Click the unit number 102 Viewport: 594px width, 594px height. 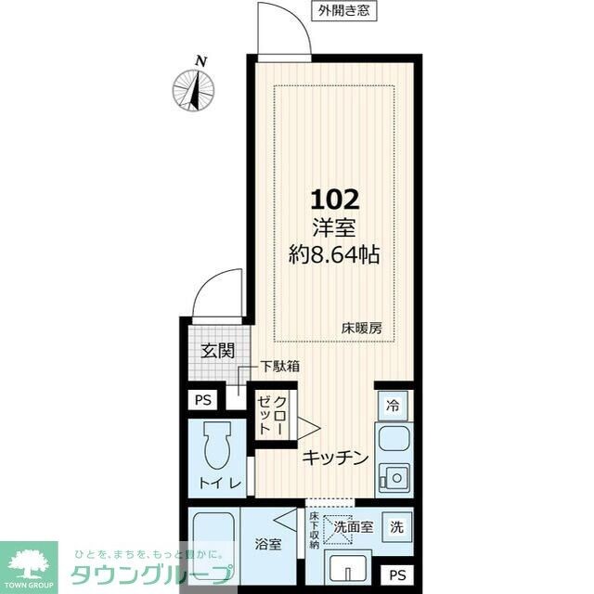335,200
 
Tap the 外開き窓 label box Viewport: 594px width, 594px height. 344,11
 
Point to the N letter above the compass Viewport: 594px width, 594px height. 201,61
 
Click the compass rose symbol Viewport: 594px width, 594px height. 194,91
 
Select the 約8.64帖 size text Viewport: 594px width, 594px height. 334,254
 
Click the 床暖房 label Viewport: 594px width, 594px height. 362,329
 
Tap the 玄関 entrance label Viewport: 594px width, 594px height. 217,351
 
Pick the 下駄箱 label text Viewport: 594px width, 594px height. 280,367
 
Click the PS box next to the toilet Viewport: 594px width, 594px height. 203,400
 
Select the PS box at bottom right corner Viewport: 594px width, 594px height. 397,575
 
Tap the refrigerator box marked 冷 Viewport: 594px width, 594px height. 393,406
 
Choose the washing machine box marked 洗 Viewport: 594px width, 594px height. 396,527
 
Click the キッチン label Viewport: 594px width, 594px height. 335,458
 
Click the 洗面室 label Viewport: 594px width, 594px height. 354,526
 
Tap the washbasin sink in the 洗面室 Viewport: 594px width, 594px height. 348,571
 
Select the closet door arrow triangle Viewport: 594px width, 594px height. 309,429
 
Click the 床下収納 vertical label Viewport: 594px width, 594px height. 314,530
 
